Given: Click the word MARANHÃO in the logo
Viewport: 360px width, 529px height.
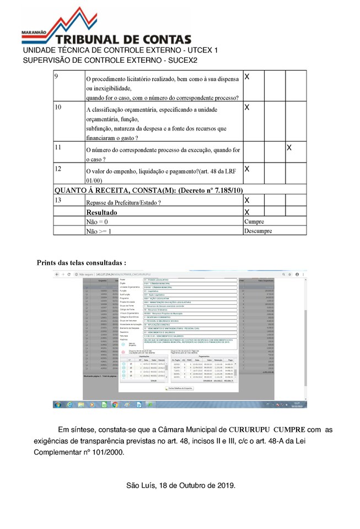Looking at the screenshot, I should click(35, 34).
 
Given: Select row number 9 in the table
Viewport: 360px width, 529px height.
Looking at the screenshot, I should click(56, 76).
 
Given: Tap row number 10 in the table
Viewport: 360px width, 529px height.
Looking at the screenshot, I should click(58, 107).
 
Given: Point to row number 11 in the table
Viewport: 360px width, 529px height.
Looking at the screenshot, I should click(58, 147).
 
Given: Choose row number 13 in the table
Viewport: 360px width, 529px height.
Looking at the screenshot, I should click(58, 200).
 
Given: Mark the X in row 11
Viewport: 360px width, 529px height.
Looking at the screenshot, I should click(289, 148).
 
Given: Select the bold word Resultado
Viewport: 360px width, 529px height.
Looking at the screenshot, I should click(101, 212).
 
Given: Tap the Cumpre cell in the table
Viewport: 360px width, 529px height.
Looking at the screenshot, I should click(254, 222).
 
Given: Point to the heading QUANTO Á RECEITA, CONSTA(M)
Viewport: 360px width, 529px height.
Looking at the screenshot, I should click(148, 190).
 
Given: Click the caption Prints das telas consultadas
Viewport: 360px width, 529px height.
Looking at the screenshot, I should click(82, 262).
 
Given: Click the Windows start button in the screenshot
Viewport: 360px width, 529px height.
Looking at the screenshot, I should click(57, 404).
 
